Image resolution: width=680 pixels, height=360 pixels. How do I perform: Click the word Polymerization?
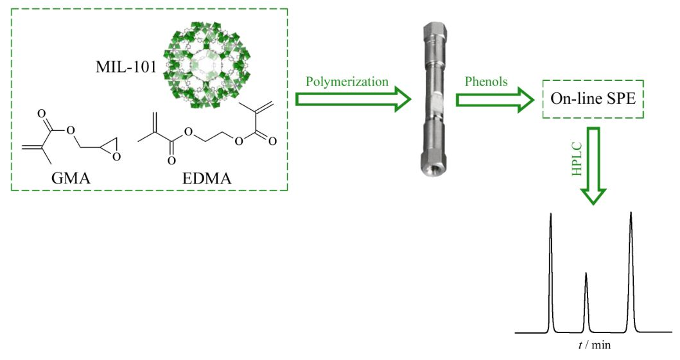347,81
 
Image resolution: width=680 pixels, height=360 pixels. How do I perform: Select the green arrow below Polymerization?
353,99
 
